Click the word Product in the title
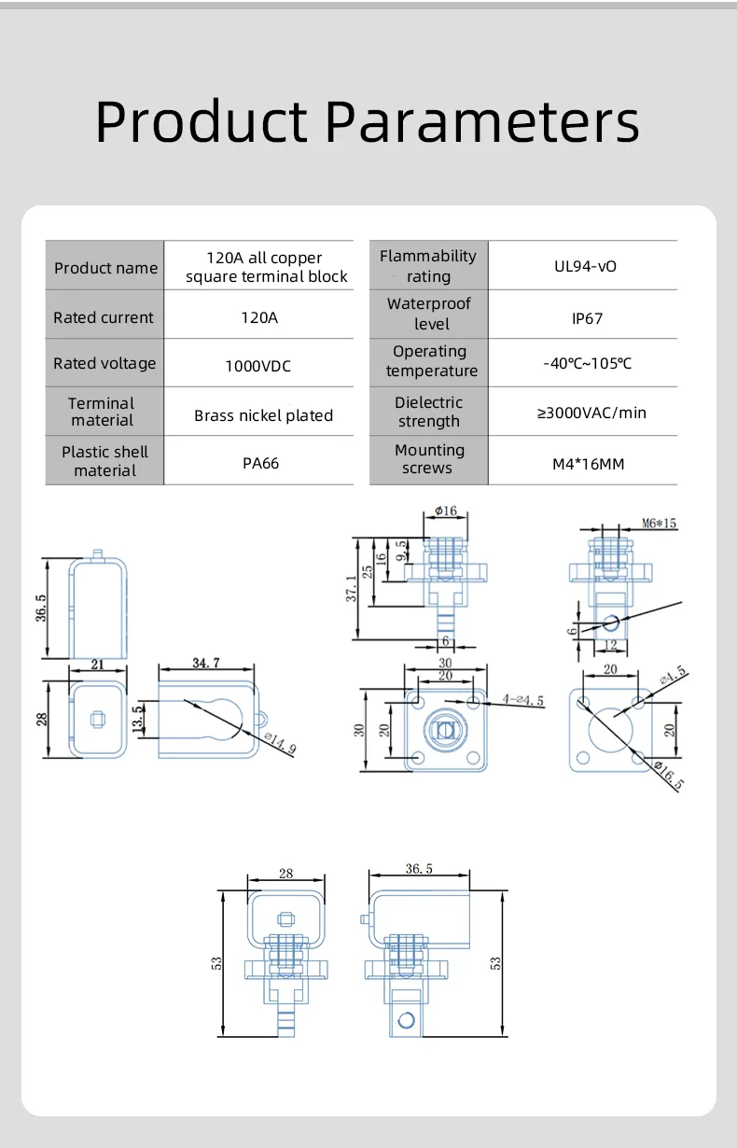tap(202, 121)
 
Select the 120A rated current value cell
tap(259, 317)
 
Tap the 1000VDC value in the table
tap(258, 366)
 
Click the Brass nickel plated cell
tap(263, 415)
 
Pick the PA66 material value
tap(260, 463)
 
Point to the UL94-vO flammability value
tap(585, 267)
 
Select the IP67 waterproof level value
tap(587, 319)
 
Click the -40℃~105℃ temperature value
tap(588, 363)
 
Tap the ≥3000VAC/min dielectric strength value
tap(591, 413)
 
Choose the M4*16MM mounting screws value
tap(589, 464)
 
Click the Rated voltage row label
tap(104, 363)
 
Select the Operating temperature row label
tap(431, 361)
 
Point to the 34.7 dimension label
tap(206, 663)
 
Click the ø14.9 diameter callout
tap(280, 743)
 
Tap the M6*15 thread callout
tap(660, 524)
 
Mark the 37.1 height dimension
tap(351, 588)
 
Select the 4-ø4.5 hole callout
tap(523, 700)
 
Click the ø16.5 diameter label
tap(669, 776)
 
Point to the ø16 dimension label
tap(446, 511)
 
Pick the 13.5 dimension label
tap(137, 719)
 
